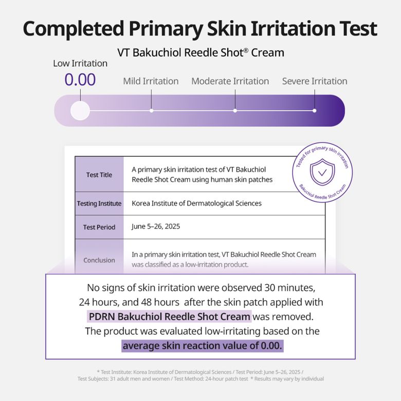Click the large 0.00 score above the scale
pos(80,80)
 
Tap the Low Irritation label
pos(80,63)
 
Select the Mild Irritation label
pos(151,81)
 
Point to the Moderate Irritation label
pos(230,81)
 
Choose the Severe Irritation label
pos(315,81)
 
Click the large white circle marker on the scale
pos(80,111)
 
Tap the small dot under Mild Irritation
pos(151,111)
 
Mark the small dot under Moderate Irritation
pos(235,111)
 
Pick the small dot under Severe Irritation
pos(315,111)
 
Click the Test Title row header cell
pos(99,174)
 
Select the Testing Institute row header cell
pos(99,204)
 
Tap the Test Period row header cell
pos(99,227)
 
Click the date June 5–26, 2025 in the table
pos(156,227)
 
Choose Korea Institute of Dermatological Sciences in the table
pos(197,203)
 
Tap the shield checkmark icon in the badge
pos(322,172)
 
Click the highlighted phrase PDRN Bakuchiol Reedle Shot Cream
pos(169,317)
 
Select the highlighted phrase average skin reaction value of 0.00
pos(202,346)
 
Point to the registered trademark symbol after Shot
pos(246,50)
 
